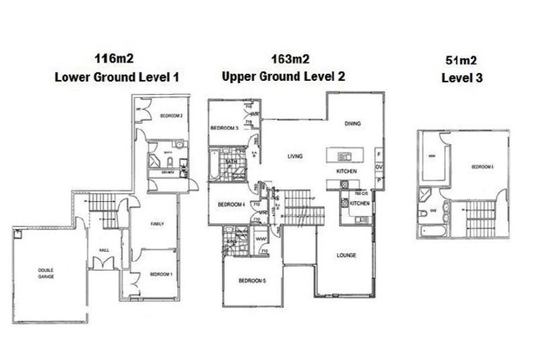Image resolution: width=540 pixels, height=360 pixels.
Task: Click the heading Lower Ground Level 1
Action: coord(116,77)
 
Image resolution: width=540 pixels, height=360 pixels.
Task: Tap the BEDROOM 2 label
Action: coord(171,115)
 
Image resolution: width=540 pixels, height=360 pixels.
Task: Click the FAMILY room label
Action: coord(157,223)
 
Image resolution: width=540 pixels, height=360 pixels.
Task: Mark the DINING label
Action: coord(352,124)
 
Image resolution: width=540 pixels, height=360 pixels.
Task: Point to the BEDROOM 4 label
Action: coord(230,205)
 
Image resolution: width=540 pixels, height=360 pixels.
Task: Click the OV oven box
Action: coord(379,167)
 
